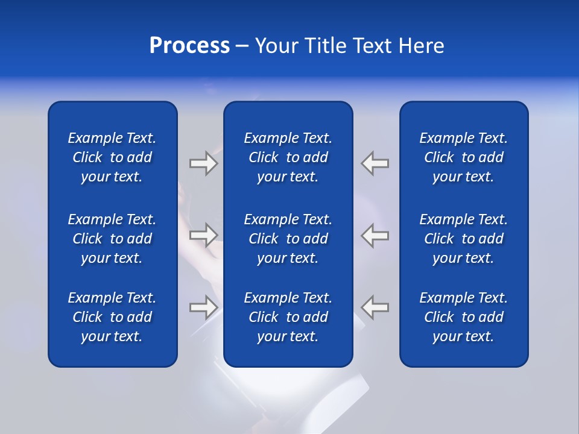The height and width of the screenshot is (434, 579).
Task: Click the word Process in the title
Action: (x=189, y=46)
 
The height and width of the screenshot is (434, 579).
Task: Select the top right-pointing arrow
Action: (x=203, y=163)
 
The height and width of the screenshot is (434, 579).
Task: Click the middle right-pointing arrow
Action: (x=203, y=235)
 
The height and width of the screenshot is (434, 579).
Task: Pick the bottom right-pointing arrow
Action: (x=203, y=307)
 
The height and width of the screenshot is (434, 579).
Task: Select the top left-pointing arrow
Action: (x=375, y=163)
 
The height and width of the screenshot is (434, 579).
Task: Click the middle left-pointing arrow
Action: (x=375, y=235)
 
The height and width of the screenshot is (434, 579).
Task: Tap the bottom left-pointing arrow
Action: (x=375, y=307)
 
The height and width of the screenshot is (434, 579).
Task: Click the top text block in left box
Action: (x=112, y=157)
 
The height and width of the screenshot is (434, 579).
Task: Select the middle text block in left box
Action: (x=112, y=239)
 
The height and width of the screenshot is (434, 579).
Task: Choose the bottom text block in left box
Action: (x=112, y=317)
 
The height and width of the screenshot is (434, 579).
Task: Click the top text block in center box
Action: (x=288, y=157)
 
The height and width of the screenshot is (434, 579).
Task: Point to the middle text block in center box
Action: (x=288, y=239)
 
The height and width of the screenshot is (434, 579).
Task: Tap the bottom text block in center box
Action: (x=288, y=317)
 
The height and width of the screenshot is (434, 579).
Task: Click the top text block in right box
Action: (x=463, y=157)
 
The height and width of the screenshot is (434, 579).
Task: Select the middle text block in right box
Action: (x=463, y=239)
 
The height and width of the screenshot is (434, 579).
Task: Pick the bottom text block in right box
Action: (x=463, y=317)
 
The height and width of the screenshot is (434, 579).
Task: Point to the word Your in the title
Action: (x=277, y=46)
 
